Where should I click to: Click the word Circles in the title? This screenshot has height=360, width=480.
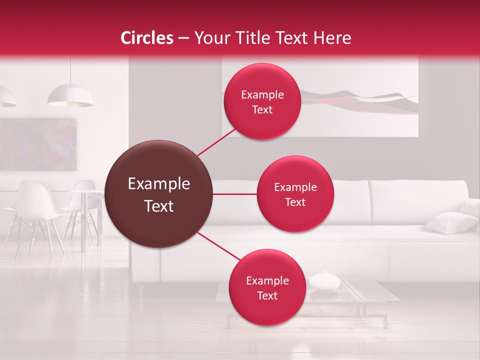pos(146,38)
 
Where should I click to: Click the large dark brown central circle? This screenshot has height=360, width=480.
pos(159,194)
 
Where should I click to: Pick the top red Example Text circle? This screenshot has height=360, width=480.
pos(262,101)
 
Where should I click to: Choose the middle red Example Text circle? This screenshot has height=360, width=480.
pos(295,194)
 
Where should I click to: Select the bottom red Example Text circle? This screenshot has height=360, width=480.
pos(267,287)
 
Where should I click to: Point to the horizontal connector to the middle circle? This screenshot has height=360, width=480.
pos(234,194)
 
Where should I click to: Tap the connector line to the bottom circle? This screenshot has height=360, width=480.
pos(218,246)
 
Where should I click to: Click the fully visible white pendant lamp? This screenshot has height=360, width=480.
pos(70,96)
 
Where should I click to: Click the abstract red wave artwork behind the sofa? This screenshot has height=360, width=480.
pos(360,102)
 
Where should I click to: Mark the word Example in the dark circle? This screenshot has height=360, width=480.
pos(159,184)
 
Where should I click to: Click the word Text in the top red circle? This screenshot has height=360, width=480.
pos(262,110)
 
